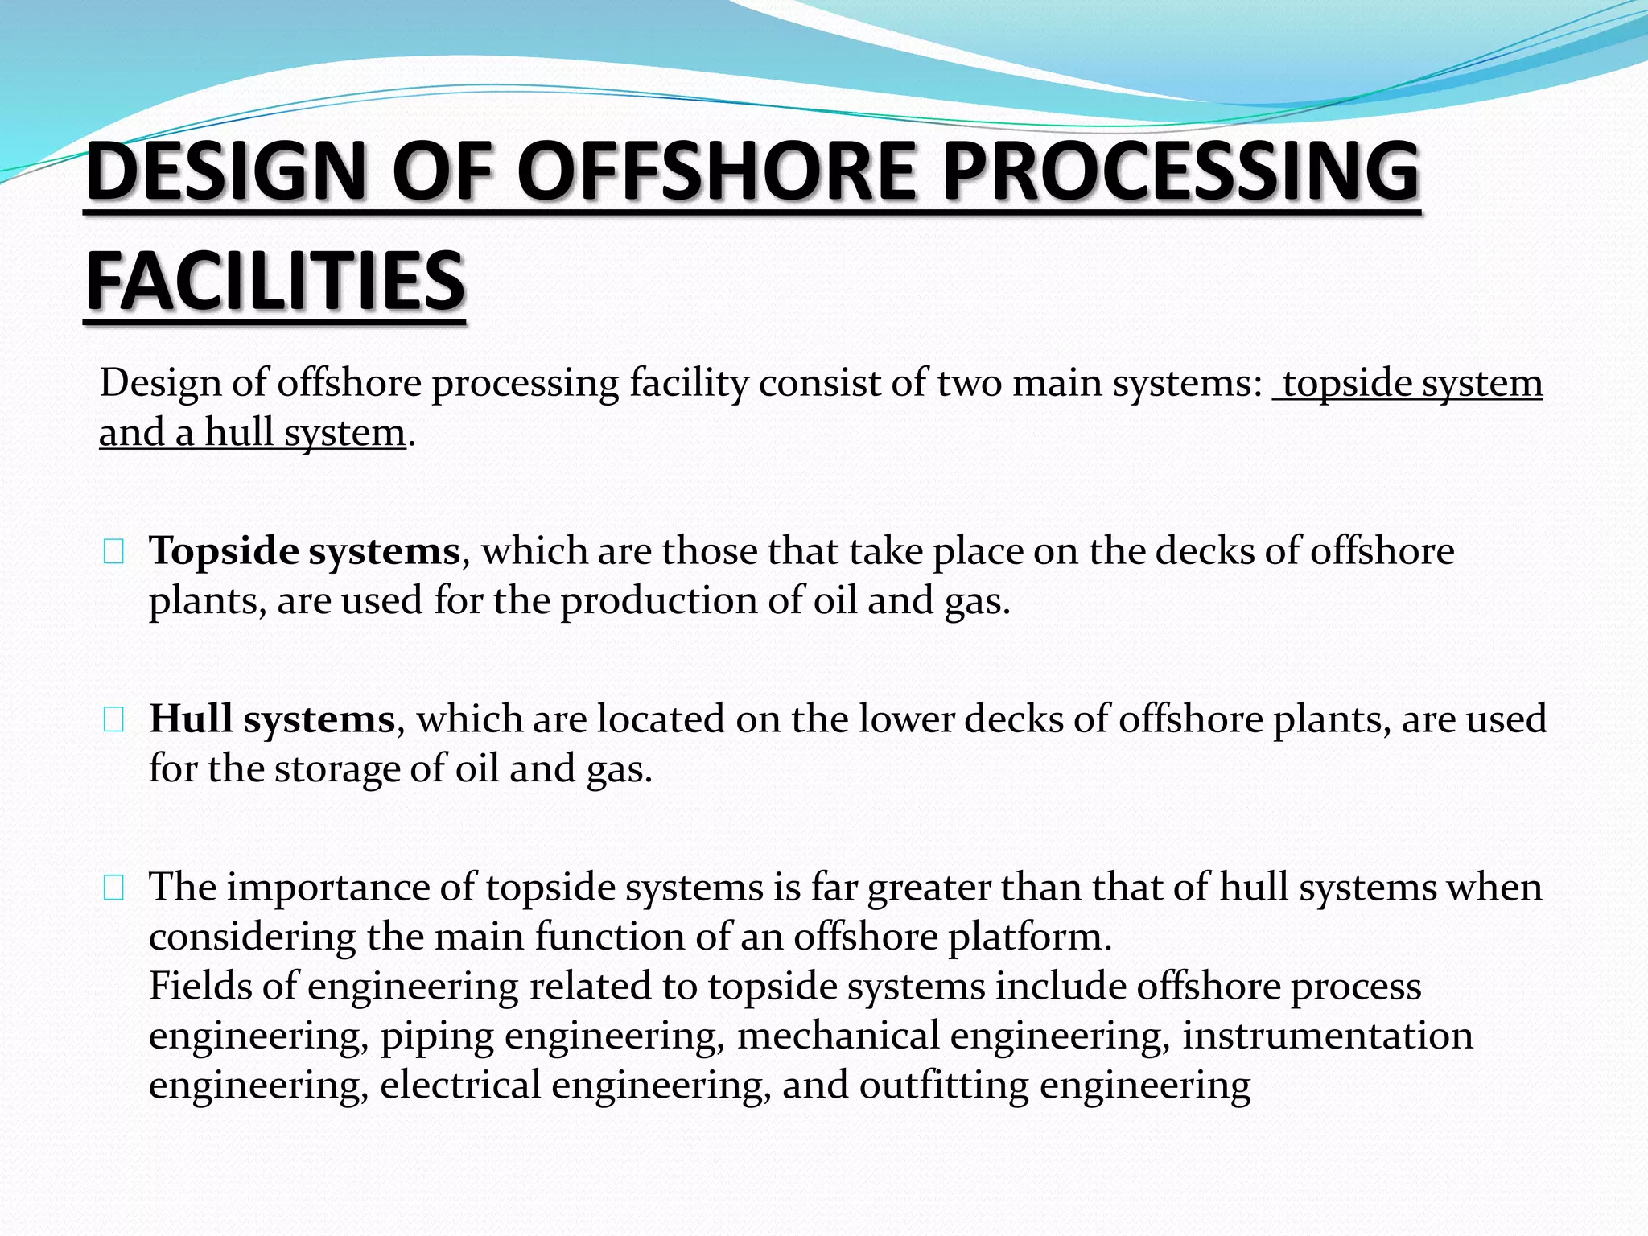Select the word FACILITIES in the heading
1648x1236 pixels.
pyautogui.click(x=275, y=282)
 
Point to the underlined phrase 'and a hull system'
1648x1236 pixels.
pyautogui.click(x=253, y=432)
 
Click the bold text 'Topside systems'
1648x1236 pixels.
pyautogui.click(x=305, y=551)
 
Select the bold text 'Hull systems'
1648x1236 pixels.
pyautogui.click(x=272, y=719)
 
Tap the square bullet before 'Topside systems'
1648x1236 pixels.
pyautogui.click(x=113, y=553)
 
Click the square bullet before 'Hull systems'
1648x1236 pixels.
pyautogui.click(x=113, y=720)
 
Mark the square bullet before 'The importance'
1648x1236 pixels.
pyautogui.click(x=113, y=888)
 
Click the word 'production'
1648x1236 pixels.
pyautogui.click(x=659, y=600)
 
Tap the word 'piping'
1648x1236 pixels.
pyautogui.click(x=437, y=1036)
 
